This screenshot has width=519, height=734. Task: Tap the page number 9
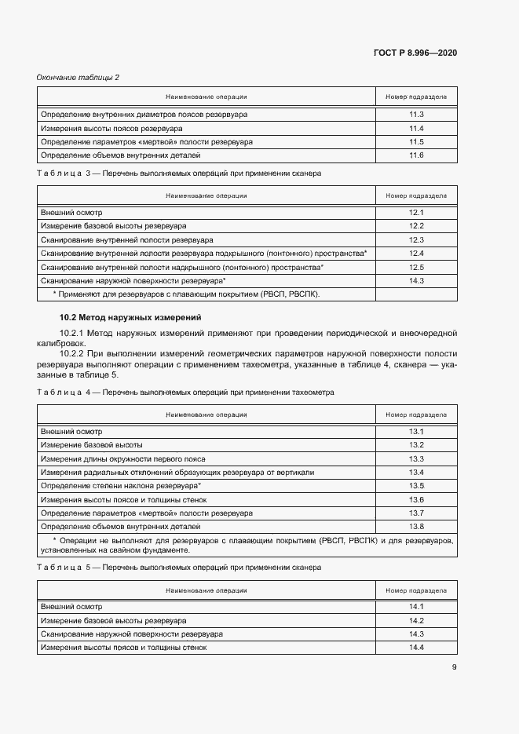coord(454,667)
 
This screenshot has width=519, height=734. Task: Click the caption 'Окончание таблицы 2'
coord(78,77)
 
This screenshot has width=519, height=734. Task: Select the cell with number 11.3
coord(416,115)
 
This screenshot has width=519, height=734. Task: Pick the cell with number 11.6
coord(416,155)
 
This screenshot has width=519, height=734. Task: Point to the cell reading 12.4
coord(416,254)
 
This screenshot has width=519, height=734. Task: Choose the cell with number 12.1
coord(416,214)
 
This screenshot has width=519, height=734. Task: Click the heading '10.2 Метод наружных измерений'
coord(131,317)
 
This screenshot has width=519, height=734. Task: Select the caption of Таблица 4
coord(185,392)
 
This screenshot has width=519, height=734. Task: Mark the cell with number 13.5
coord(416,486)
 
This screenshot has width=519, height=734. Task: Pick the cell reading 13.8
coord(416,526)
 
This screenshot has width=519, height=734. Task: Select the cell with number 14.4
coord(416,647)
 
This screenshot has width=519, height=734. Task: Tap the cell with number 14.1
coord(416,607)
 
